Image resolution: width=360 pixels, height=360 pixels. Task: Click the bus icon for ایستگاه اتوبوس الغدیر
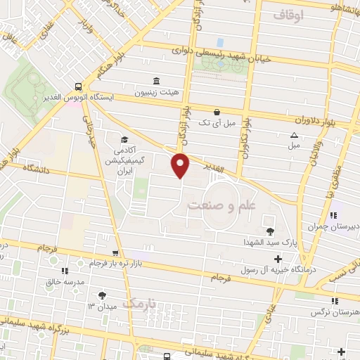(77, 87)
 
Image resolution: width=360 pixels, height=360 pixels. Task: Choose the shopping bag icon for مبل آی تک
(217, 111)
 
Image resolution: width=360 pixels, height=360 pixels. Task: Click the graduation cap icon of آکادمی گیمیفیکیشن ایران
(124, 139)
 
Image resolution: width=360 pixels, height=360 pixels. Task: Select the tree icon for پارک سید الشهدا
(269, 231)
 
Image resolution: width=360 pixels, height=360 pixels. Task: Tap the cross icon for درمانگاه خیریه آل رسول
(278, 259)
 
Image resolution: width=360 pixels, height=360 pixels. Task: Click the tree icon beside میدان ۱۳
(103, 295)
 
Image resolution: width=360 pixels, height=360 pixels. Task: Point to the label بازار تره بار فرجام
(94, 263)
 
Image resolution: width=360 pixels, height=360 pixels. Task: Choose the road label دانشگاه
(25, 169)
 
